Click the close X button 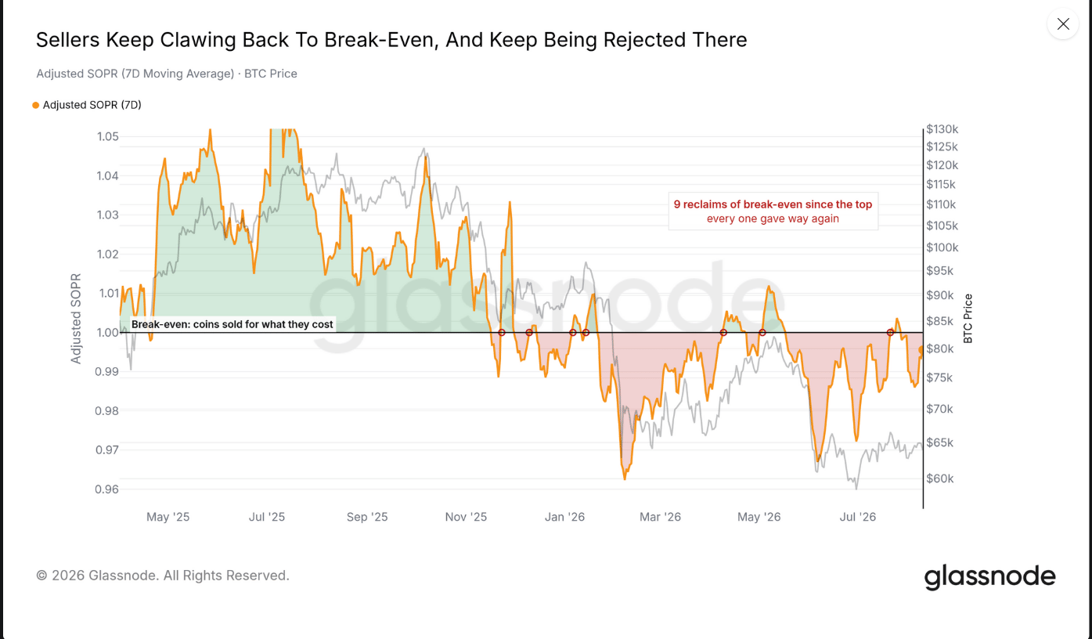tap(1063, 24)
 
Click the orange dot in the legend tap(35, 106)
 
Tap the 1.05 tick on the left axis tap(108, 136)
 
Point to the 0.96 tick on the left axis tap(106, 489)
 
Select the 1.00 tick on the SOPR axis tap(108, 333)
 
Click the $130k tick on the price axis tap(942, 129)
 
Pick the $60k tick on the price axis tap(940, 478)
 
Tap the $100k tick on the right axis tap(942, 247)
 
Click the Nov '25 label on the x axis tap(466, 517)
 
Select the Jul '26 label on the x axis tap(857, 517)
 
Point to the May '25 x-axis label tap(168, 517)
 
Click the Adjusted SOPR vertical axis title tap(76, 319)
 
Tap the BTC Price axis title tap(968, 319)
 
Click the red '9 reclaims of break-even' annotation tap(773, 211)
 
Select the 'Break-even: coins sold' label tap(232, 324)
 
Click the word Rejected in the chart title tap(643, 40)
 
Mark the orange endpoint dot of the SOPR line tap(921, 350)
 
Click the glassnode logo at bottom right tap(989, 577)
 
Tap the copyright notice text tap(163, 576)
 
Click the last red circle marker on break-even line tap(890, 333)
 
